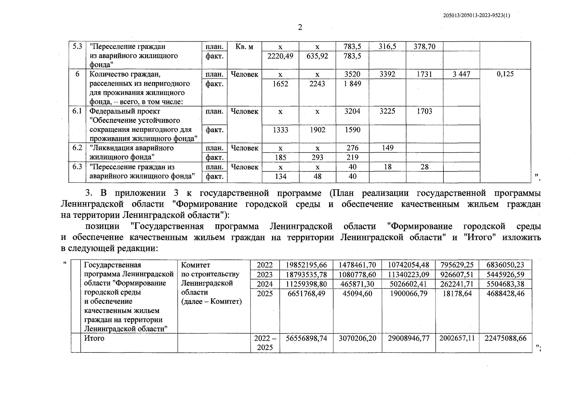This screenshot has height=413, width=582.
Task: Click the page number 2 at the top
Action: (300, 28)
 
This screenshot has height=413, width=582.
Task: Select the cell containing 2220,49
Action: (280, 56)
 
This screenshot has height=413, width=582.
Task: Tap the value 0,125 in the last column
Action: (505, 74)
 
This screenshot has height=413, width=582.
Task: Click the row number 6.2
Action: (77, 148)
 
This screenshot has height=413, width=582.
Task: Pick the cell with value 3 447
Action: (461, 74)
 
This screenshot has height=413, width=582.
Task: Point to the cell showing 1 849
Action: (352, 84)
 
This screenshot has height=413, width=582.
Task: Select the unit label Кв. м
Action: (244, 46)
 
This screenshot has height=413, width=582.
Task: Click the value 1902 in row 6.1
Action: (317, 130)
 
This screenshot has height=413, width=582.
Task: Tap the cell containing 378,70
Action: (424, 46)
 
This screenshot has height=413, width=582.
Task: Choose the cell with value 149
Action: (387, 148)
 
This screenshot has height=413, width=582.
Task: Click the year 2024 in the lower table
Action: (265, 284)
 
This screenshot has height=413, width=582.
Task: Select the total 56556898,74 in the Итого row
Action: (306, 338)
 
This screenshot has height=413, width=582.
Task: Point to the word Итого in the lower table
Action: (94, 338)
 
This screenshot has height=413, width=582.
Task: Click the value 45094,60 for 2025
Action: (357, 294)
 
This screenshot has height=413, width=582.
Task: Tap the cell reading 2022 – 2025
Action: (265, 343)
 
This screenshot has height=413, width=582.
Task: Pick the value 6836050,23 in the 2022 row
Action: (505, 265)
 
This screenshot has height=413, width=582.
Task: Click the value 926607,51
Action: (457, 275)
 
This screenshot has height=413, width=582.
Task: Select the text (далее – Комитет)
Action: (211, 301)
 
